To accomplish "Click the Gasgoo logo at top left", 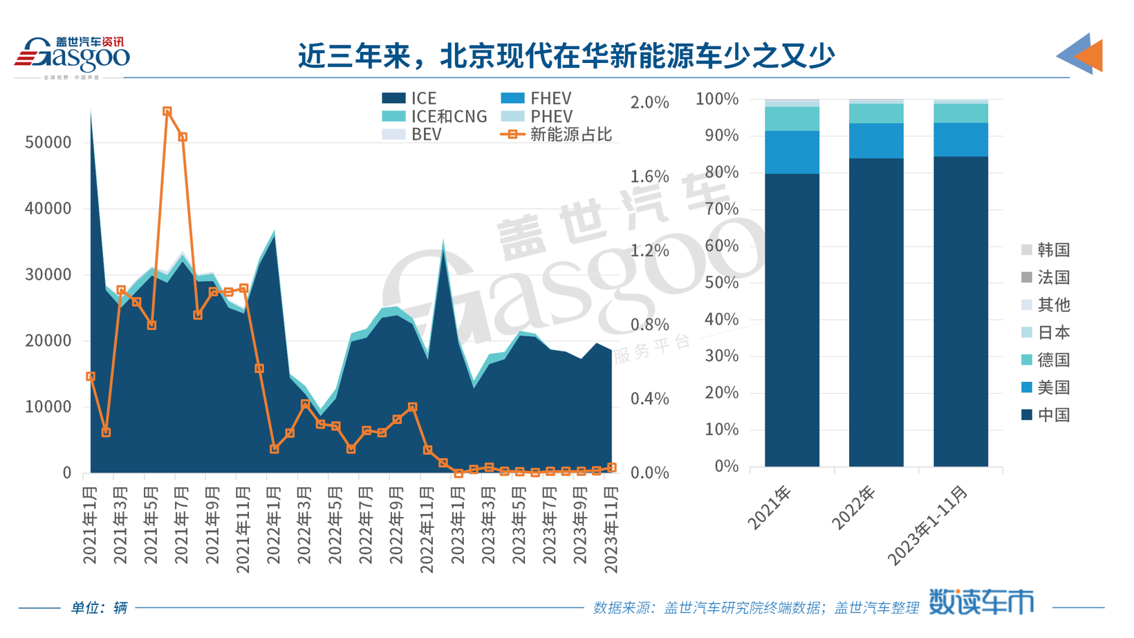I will tap(72, 55).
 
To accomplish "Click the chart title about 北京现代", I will tap(566, 55).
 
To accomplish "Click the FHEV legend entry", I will tap(536, 99).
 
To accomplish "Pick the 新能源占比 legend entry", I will tap(557, 135).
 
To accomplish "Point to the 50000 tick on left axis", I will tap(48, 143).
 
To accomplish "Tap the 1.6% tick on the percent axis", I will tap(649, 176).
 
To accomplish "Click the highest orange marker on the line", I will tap(167, 111).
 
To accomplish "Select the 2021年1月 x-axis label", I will tap(90, 525).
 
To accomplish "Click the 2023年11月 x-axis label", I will tap(611, 529).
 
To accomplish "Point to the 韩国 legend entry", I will tap(1045, 250).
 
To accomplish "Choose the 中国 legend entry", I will tap(1045, 415).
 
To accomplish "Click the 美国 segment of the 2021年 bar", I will tap(792, 152).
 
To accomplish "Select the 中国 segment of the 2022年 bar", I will tap(876, 311).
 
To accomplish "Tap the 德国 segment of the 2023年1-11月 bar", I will tap(960, 113).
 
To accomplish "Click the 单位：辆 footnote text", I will tap(99, 608).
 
